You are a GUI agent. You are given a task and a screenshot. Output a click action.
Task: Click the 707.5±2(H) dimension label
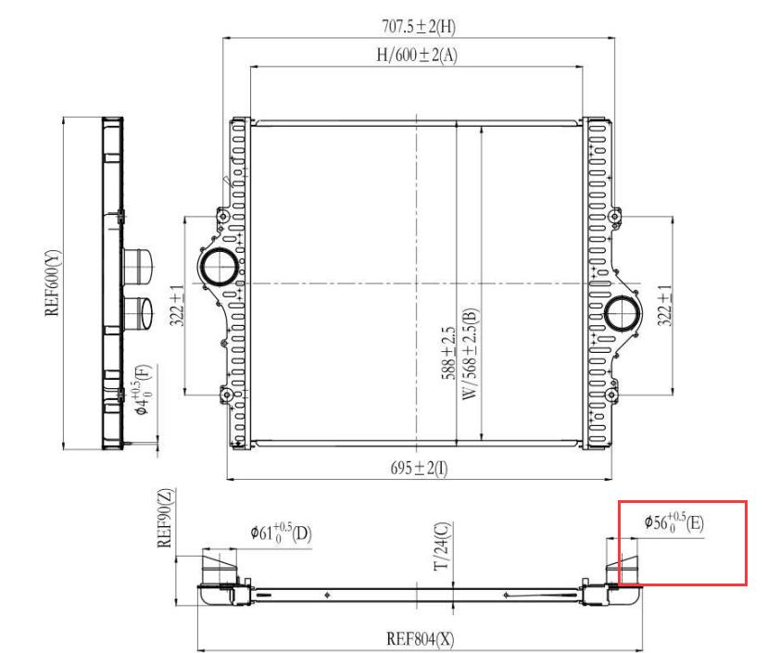(x=419, y=26)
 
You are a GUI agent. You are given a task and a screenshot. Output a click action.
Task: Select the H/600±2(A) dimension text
(x=417, y=55)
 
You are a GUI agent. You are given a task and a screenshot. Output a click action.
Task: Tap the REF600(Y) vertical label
(x=53, y=283)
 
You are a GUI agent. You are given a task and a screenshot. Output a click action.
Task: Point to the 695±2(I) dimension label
(x=419, y=468)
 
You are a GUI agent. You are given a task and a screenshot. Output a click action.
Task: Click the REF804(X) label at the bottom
(x=421, y=638)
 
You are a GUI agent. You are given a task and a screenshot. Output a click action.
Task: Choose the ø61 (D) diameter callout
(x=281, y=534)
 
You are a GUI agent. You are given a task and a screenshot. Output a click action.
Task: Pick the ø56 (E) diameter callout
(x=674, y=522)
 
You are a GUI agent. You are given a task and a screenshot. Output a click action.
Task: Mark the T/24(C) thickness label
(x=442, y=546)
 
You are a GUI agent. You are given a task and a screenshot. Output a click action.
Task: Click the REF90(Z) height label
(x=166, y=518)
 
